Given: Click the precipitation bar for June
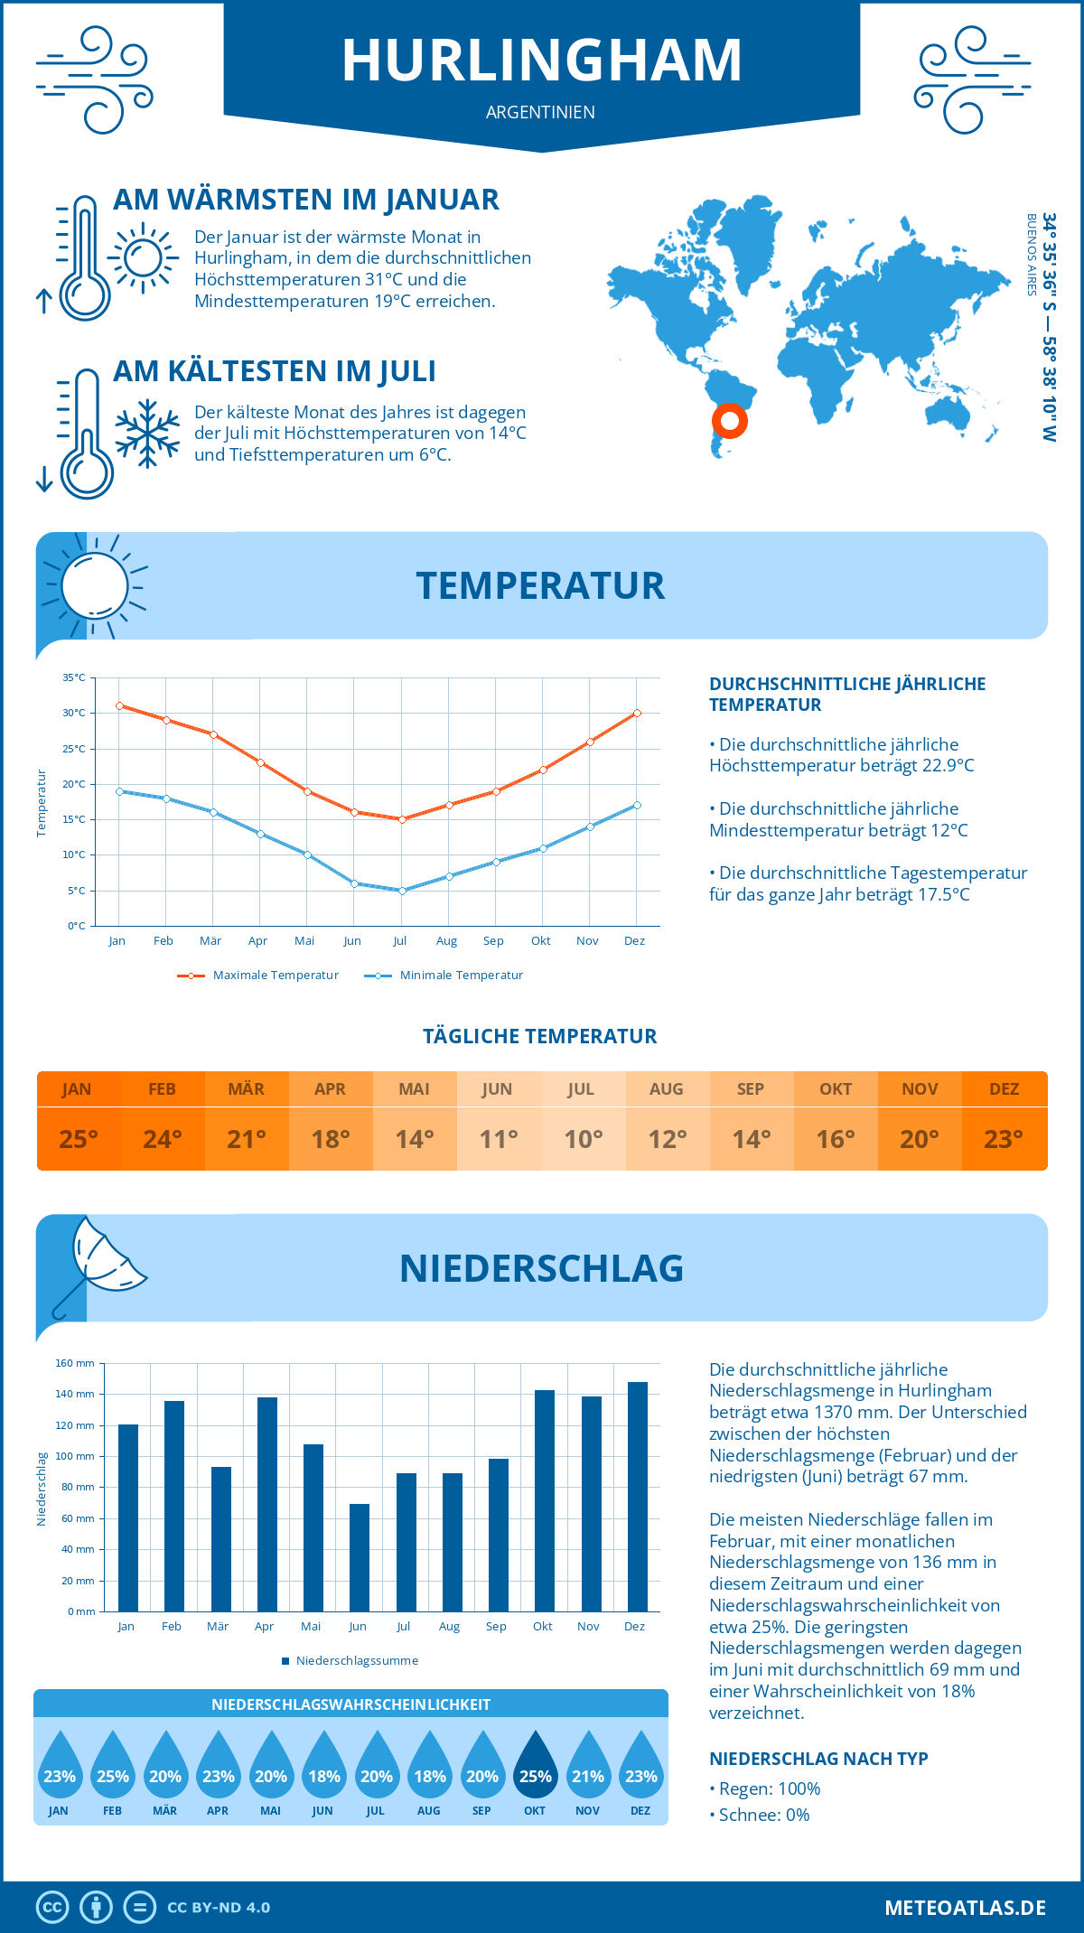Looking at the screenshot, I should pos(360,1557).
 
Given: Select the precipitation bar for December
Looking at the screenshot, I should pos(638,1496).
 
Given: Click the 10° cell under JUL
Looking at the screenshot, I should pos(583,1139).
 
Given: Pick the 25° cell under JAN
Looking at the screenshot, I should pos(78,1139).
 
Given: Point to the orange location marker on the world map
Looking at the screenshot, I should pos(729,420).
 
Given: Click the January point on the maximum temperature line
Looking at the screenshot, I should pos(119,705).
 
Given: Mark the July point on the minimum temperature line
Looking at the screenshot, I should pos(402,891).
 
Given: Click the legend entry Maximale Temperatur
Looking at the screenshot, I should pos(258,976).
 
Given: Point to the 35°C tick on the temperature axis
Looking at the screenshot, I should pos(74,677).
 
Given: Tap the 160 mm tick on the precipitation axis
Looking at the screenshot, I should pos(76,1363).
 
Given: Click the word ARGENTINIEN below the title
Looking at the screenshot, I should pos(540,112).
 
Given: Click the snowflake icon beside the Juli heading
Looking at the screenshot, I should pos(147,434).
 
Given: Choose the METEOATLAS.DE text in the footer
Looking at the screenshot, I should pos(965,1908).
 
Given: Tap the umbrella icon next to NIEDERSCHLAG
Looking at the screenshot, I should pos(99,1265).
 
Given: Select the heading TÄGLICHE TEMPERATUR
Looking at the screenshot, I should pos(539,1036).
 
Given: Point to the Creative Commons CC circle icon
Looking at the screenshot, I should pos(52,1908).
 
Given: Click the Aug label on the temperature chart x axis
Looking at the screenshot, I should pos(446,941).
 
